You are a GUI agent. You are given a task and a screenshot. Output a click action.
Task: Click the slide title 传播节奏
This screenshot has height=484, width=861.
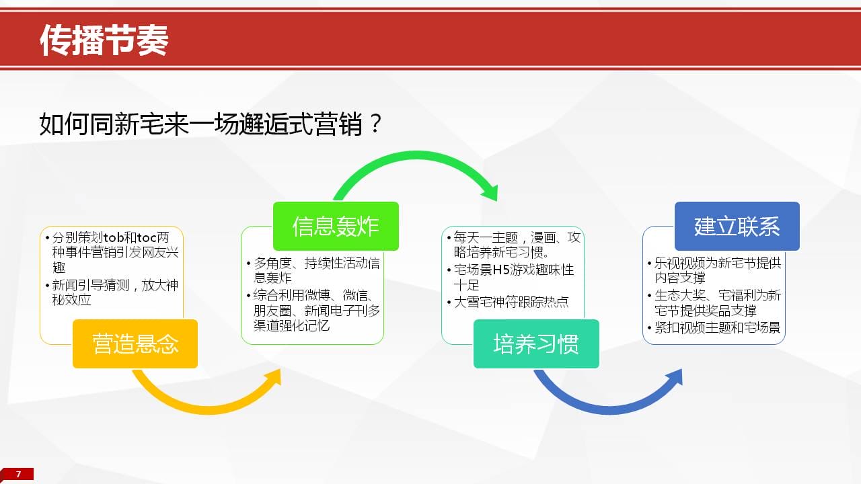click(104, 40)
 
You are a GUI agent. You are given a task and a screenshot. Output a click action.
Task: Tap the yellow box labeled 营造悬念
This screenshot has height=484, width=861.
click(135, 344)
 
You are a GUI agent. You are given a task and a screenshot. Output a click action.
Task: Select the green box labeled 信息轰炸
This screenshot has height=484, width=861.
click(336, 227)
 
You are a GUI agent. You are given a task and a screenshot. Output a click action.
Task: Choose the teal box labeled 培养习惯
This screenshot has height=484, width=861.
click(536, 344)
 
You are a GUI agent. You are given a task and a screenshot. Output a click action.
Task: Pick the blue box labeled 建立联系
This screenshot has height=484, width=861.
click(737, 227)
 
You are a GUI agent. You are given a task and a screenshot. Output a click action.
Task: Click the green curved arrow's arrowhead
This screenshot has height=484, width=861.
click(490, 192)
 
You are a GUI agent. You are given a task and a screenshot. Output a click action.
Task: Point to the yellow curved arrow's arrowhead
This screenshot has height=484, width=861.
click(273, 377)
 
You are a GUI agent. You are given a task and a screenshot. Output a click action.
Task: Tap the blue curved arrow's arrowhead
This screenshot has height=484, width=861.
click(674, 377)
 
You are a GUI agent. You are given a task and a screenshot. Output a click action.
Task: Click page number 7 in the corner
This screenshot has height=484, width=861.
click(18, 474)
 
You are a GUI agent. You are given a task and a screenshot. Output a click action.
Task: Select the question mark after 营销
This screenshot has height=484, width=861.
click(375, 123)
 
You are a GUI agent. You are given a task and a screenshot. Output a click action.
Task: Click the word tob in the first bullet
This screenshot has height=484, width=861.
click(114, 237)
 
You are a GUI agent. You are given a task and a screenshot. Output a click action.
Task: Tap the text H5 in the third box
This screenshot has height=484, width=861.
click(501, 270)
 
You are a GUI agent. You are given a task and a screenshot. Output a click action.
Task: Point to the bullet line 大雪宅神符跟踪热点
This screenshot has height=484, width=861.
click(511, 302)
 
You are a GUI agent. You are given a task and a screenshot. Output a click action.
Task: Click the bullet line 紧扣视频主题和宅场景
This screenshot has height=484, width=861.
click(717, 327)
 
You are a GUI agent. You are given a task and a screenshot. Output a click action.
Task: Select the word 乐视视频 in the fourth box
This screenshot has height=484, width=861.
click(679, 263)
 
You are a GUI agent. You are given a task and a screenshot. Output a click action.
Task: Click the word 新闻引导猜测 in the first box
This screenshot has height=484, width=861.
click(91, 285)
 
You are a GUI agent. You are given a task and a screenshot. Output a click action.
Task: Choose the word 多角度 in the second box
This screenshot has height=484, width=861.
click(272, 263)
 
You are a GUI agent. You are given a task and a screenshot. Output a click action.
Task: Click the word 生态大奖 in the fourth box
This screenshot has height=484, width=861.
click(679, 295)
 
